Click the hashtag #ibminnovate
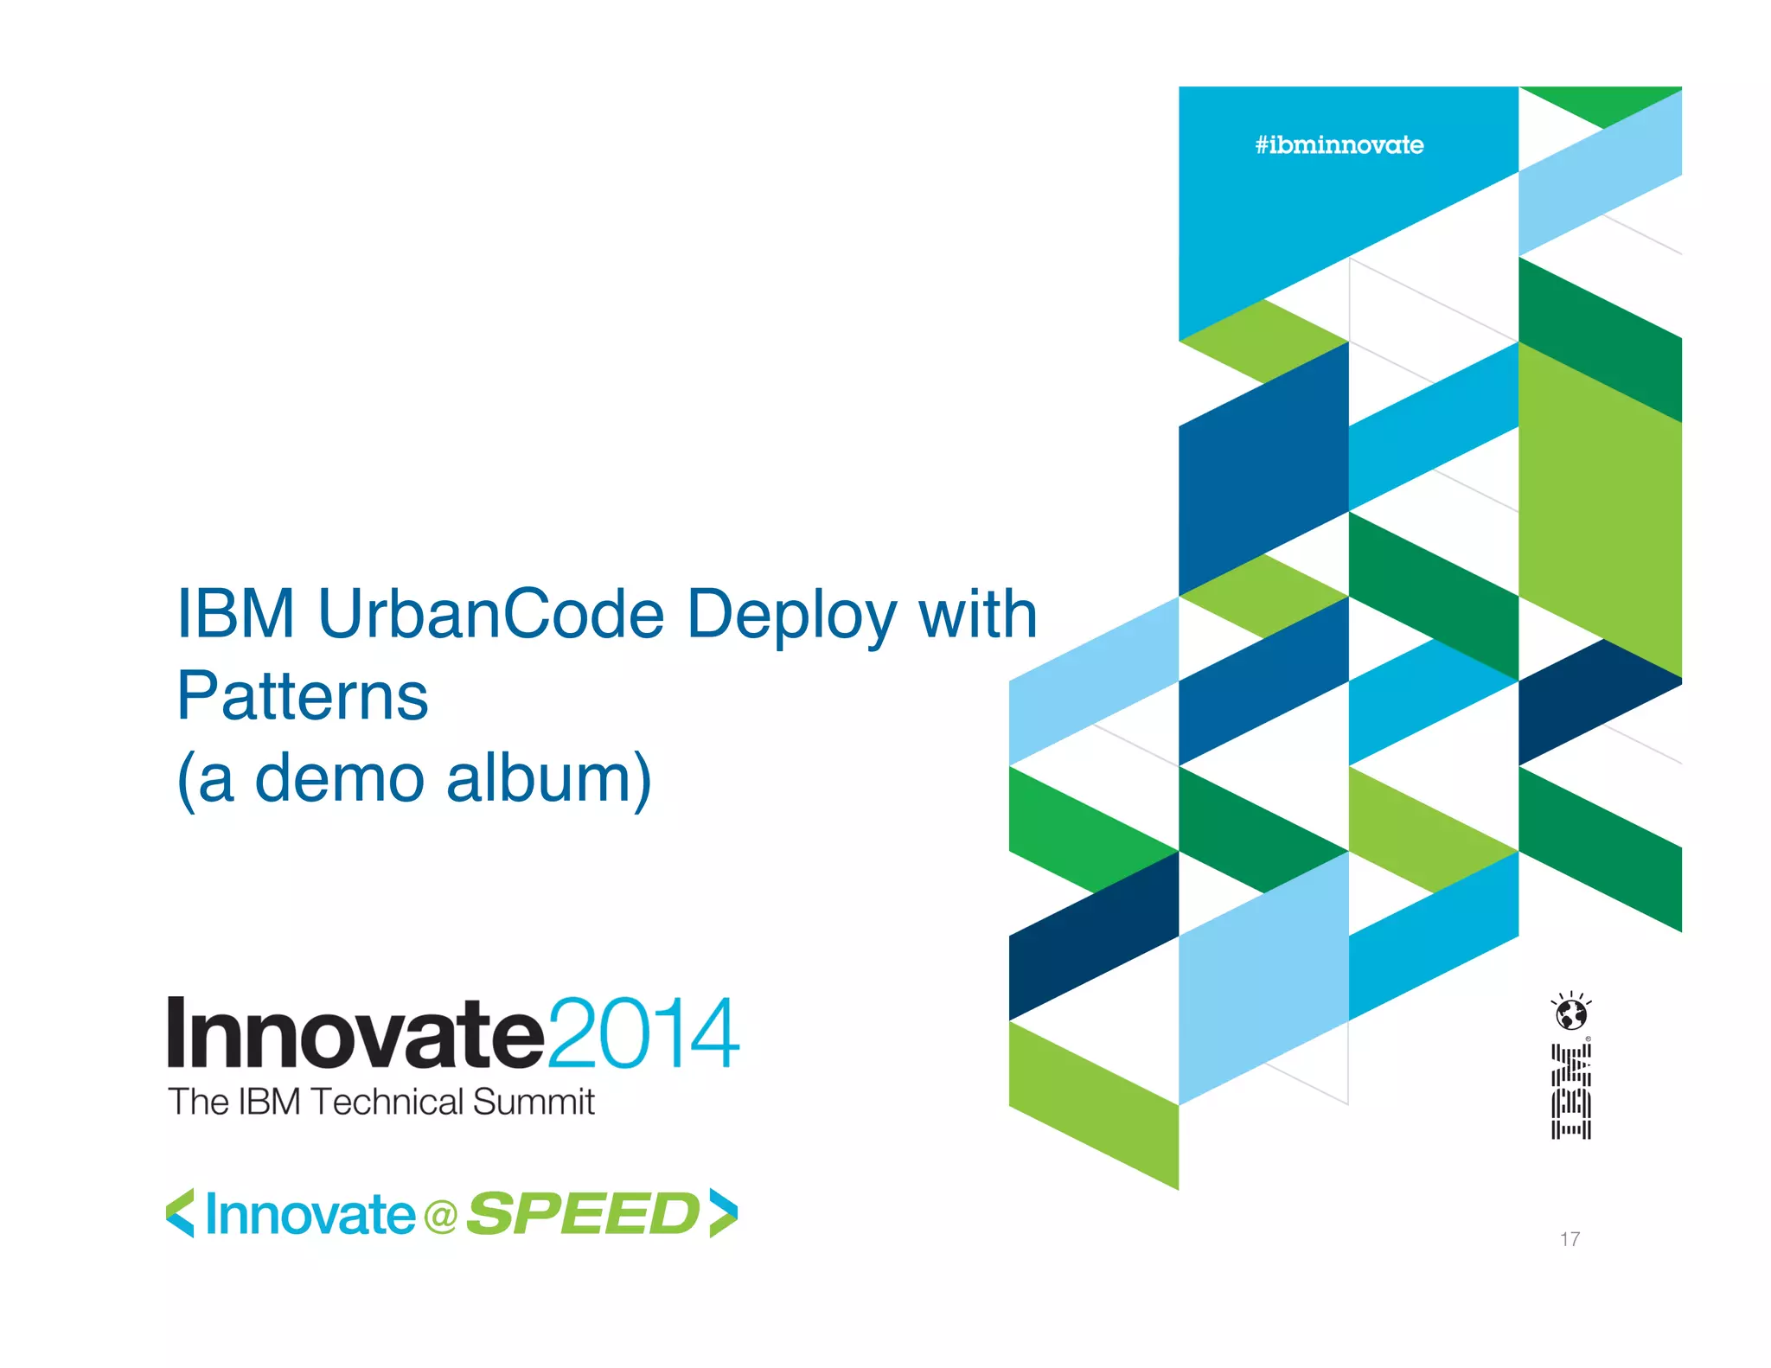tap(1339, 145)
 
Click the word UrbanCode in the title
tap(491, 614)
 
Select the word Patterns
tap(303, 696)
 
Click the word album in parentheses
tap(548, 778)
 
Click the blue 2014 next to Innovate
tap(643, 1034)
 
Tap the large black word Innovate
tap(355, 1034)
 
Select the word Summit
tap(534, 1103)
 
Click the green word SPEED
tap(583, 1214)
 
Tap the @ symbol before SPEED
tap(440, 1217)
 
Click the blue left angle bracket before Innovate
tap(180, 1213)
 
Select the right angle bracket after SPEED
tap(723, 1213)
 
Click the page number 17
tap(1570, 1239)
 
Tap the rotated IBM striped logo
tap(1570, 1091)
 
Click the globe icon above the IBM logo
tap(1571, 1013)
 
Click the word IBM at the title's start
tap(235, 614)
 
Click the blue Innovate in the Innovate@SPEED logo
tap(310, 1215)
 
